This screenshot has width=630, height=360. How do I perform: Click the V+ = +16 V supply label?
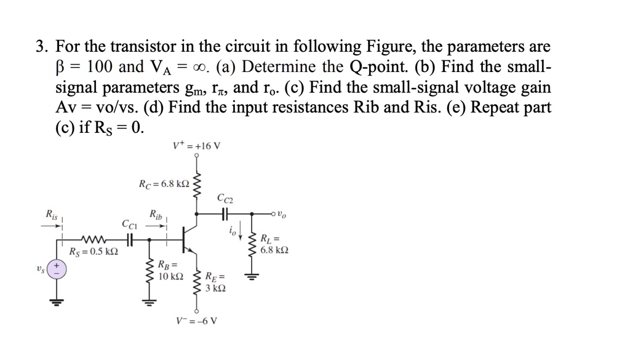coord(197,147)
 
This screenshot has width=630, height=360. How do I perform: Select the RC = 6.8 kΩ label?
coord(164,183)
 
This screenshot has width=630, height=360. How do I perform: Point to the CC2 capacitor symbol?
coord(225,214)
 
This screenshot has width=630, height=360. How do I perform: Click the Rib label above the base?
coord(156,215)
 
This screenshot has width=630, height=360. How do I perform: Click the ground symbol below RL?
coord(251,276)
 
